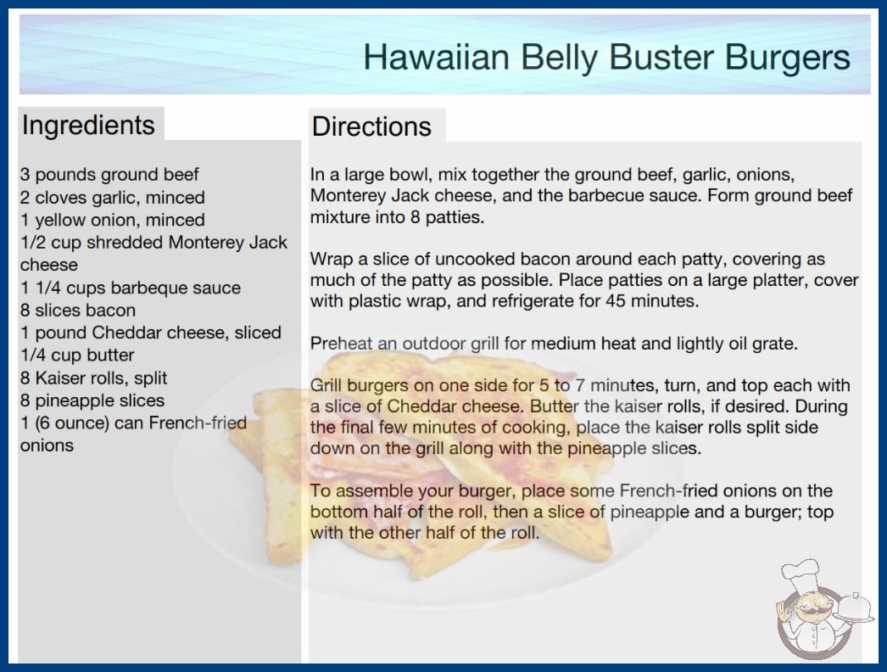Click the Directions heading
coord(371,126)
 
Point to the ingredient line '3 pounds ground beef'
coord(109,175)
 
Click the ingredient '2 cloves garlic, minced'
coord(113,198)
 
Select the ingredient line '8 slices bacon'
coord(78,311)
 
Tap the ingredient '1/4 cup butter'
coord(77,356)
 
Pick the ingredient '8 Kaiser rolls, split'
coord(94,378)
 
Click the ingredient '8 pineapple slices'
coord(92,400)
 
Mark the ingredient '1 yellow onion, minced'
coord(113,221)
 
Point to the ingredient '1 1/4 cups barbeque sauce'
coord(131,288)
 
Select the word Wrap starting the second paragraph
coord(332,260)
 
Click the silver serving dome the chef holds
coord(853,608)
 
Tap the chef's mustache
coord(809,613)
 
